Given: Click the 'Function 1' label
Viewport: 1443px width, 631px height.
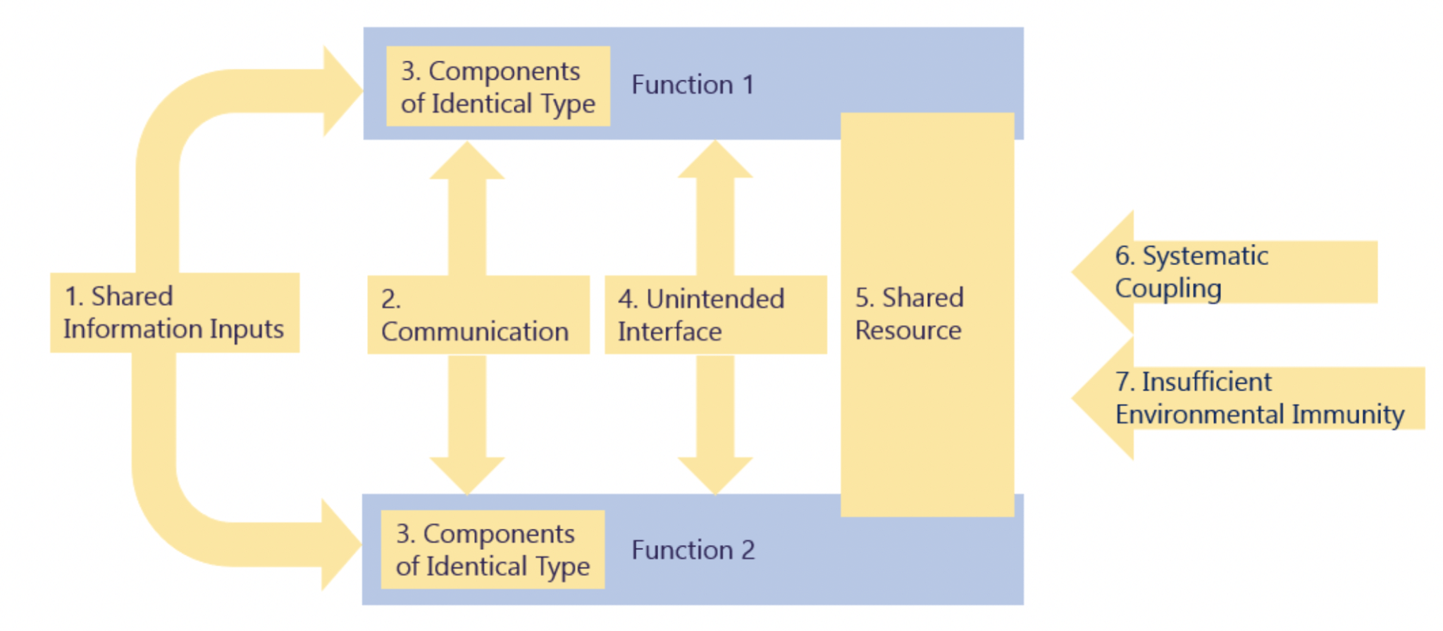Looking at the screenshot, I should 693,85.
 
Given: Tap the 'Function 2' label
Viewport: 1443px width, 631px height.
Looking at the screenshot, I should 693,550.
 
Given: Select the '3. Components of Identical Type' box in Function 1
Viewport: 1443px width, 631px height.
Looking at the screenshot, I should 497,87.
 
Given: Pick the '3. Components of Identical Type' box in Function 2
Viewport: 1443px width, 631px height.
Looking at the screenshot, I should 493,550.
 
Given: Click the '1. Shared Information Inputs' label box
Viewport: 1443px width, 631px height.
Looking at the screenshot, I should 174,312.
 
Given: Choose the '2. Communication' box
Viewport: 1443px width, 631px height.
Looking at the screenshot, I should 478,315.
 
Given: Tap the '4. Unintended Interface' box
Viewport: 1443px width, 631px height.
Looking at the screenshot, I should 715,315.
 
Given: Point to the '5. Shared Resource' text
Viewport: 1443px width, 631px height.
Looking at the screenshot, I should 909,314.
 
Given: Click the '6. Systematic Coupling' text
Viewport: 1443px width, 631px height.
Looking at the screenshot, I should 1191,272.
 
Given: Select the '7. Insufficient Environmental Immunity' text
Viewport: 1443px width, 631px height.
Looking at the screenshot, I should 1259,398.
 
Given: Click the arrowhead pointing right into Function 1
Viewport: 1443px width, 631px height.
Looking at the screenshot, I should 342,92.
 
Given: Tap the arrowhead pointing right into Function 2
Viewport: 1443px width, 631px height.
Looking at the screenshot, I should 341,544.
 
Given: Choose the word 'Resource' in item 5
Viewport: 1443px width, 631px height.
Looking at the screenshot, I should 908,331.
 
